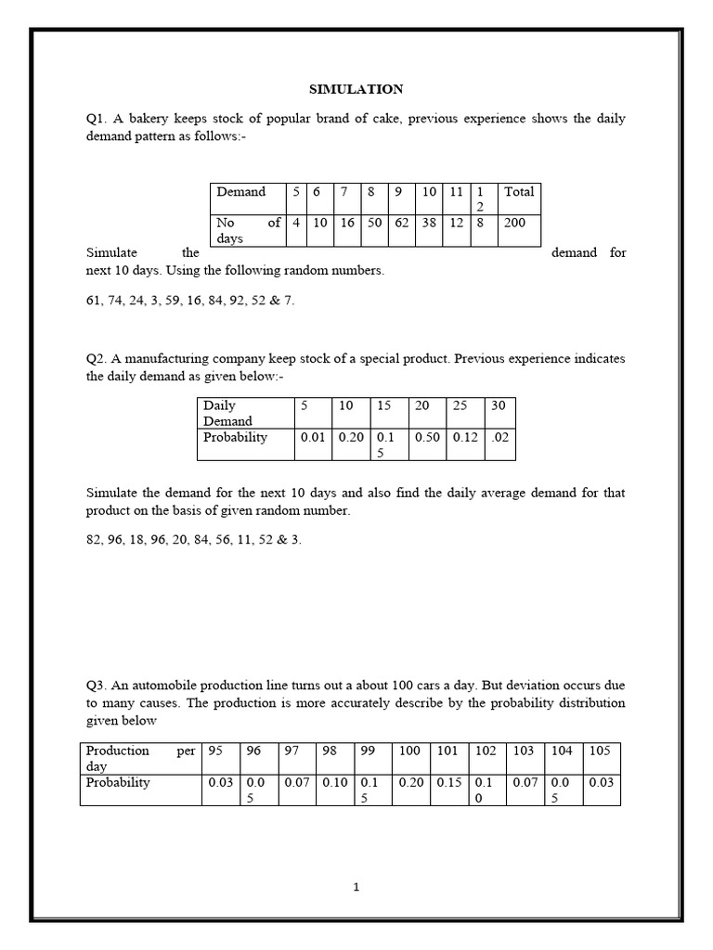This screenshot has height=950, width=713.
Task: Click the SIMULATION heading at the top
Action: [356, 89]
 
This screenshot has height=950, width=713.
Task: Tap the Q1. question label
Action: [97, 120]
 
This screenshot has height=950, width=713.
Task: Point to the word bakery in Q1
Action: [147, 120]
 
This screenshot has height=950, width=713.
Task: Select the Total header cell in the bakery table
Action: [518, 192]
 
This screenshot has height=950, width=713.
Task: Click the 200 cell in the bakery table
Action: [515, 223]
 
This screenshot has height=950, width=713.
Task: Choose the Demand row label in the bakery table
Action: [240, 192]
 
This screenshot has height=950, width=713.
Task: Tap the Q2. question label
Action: [97, 358]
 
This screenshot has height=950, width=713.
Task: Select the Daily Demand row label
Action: [228, 413]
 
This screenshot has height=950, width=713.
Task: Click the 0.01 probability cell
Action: [313, 437]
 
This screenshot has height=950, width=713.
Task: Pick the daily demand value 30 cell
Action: [499, 405]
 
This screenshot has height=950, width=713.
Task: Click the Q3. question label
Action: [97, 686]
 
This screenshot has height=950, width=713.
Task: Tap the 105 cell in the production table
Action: [600, 751]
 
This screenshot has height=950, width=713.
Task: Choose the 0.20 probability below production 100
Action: [410, 782]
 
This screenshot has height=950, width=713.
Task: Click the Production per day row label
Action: [139, 758]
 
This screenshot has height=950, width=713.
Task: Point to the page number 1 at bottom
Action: [356, 887]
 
